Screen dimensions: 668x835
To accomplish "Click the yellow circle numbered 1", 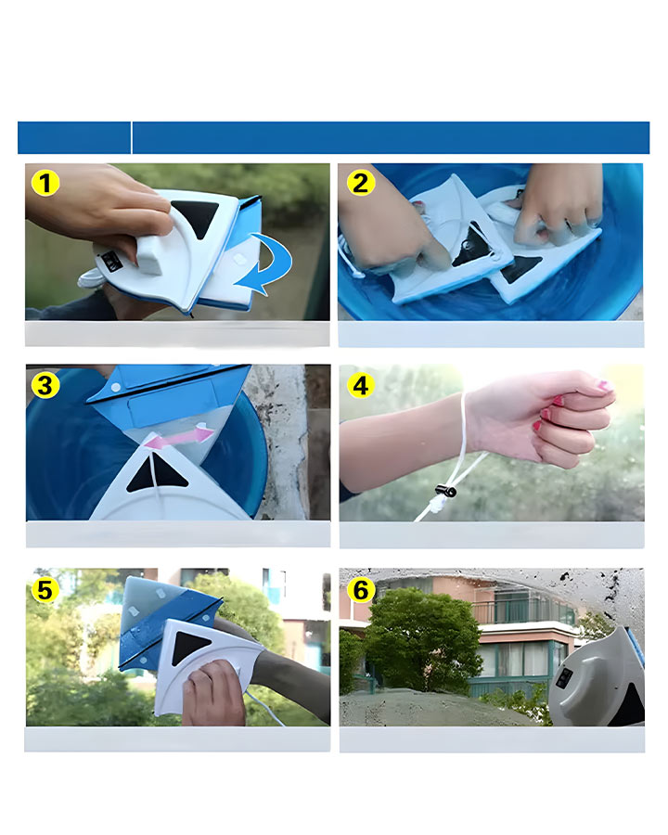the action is coord(45,183).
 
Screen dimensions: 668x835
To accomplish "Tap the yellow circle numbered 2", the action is coord(361,183).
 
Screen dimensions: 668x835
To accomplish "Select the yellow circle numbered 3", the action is coord(45,385).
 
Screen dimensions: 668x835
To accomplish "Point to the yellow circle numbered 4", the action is coord(361,385).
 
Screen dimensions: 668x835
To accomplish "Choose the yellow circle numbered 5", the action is coord(45,590).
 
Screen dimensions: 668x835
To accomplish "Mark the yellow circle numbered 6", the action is coord(361,590).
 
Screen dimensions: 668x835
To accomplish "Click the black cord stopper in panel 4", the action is coord(446,490).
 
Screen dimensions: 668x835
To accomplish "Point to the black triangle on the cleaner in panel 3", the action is coord(156,473).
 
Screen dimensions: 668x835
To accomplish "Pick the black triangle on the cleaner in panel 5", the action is coord(192,647).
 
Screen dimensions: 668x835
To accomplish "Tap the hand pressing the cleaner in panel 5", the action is coord(213,692).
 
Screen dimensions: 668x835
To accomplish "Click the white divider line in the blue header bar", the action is coord(131,137).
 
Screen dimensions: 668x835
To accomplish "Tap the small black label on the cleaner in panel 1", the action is coord(111,261).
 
